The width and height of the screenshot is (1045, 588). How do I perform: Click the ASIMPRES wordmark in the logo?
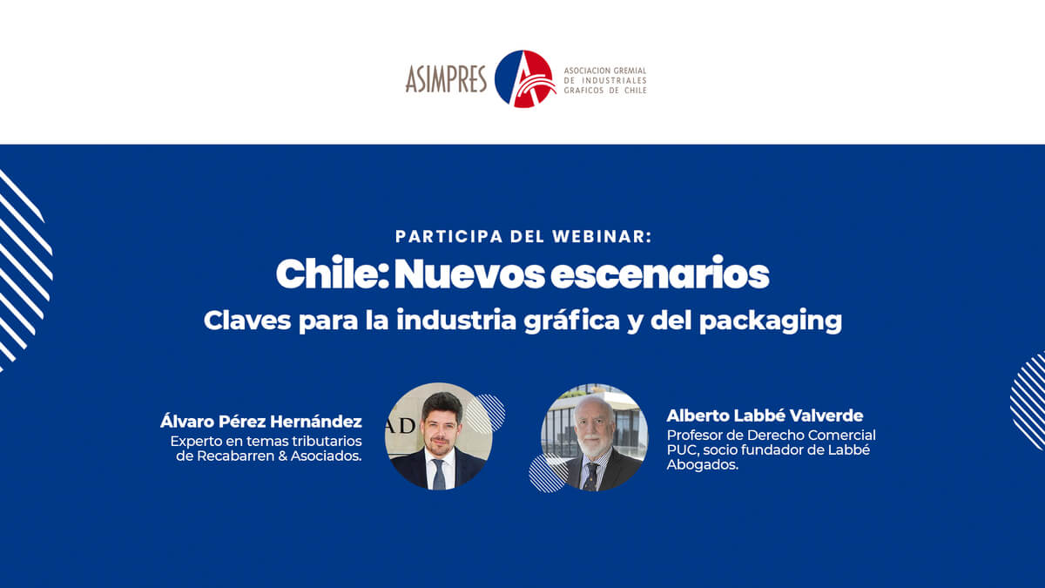tap(446, 79)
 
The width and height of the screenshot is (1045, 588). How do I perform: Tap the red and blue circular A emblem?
tap(525, 78)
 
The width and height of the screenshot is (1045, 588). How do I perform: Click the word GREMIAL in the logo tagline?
tap(630, 71)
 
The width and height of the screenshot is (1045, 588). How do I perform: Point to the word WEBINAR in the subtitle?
tap(602, 237)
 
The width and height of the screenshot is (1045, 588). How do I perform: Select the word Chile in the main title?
tap(332, 274)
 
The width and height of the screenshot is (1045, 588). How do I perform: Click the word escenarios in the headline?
tap(660, 274)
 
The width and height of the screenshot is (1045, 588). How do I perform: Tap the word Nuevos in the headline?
tap(469, 274)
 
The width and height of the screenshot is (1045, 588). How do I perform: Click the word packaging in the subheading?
tap(770, 321)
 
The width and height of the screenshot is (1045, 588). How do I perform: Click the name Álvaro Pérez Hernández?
tap(260, 422)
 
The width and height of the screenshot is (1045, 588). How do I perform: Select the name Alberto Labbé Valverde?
tap(765, 416)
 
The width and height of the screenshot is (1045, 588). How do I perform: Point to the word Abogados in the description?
tap(702, 465)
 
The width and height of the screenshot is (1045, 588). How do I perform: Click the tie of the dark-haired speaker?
tap(439, 474)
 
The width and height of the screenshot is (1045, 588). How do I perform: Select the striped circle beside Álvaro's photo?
tap(486, 414)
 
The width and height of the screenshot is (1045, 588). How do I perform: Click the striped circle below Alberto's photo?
tap(549, 473)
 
